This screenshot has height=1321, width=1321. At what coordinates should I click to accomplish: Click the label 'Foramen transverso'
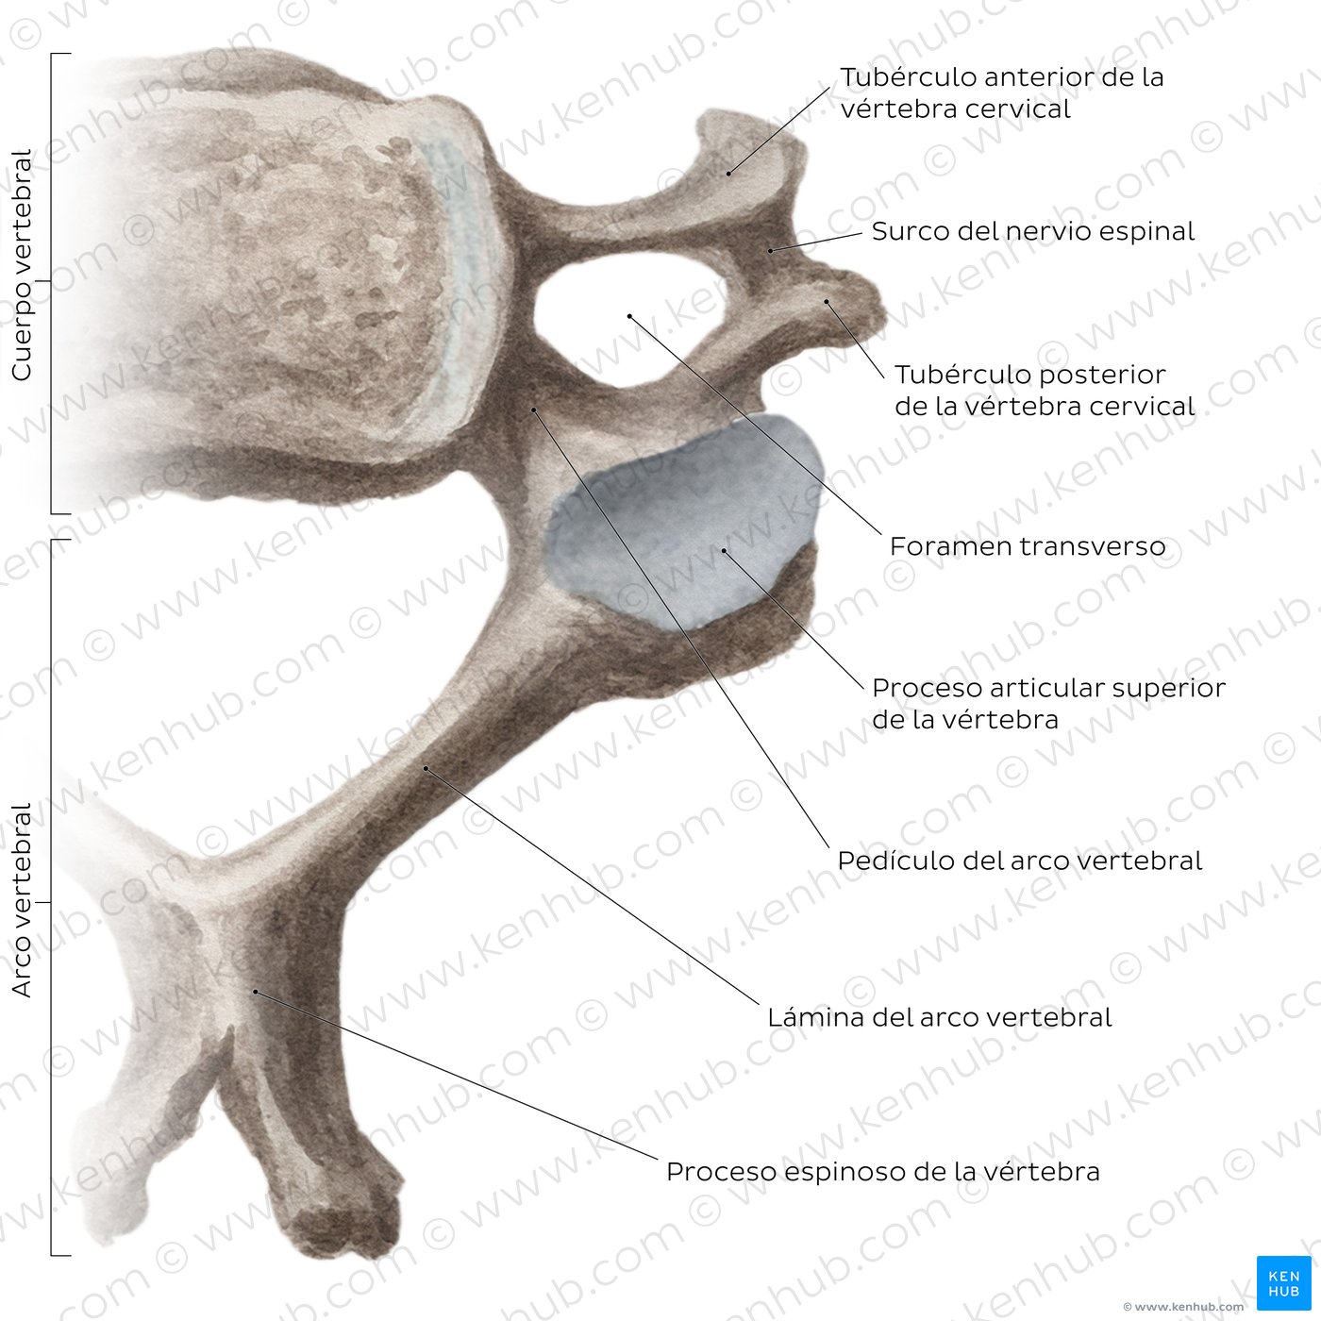click(x=1028, y=546)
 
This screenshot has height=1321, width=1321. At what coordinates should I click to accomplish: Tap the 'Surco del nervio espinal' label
click(x=1033, y=231)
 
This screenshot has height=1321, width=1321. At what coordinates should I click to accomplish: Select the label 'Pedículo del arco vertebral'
click(x=1020, y=861)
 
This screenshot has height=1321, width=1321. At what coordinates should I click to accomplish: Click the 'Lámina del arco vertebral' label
click(x=939, y=1017)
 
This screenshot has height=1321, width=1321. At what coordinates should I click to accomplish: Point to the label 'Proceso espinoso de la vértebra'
click(x=883, y=1172)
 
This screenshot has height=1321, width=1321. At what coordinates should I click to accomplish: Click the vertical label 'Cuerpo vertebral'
click(x=22, y=264)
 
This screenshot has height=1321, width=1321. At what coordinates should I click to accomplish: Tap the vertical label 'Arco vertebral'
click(x=22, y=900)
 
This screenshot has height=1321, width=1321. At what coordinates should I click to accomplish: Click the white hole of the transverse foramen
click(x=627, y=319)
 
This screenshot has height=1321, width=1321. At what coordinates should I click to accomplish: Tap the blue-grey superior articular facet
click(x=686, y=521)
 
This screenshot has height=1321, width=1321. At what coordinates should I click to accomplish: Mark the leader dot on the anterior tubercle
click(x=728, y=174)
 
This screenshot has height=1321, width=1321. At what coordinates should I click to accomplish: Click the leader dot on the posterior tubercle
click(x=827, y=302)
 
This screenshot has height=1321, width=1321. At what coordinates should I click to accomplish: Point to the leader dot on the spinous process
click(x=255, y=992)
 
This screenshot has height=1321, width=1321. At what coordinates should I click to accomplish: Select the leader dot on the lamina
click(x=426, y=768)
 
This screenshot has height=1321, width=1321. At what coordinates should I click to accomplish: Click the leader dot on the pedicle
click(x=533, y=410)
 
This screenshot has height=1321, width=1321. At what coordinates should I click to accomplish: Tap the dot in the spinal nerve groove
click(x=771, y=251)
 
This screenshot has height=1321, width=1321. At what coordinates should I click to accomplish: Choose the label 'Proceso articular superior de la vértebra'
click(x=1049, y=703)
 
